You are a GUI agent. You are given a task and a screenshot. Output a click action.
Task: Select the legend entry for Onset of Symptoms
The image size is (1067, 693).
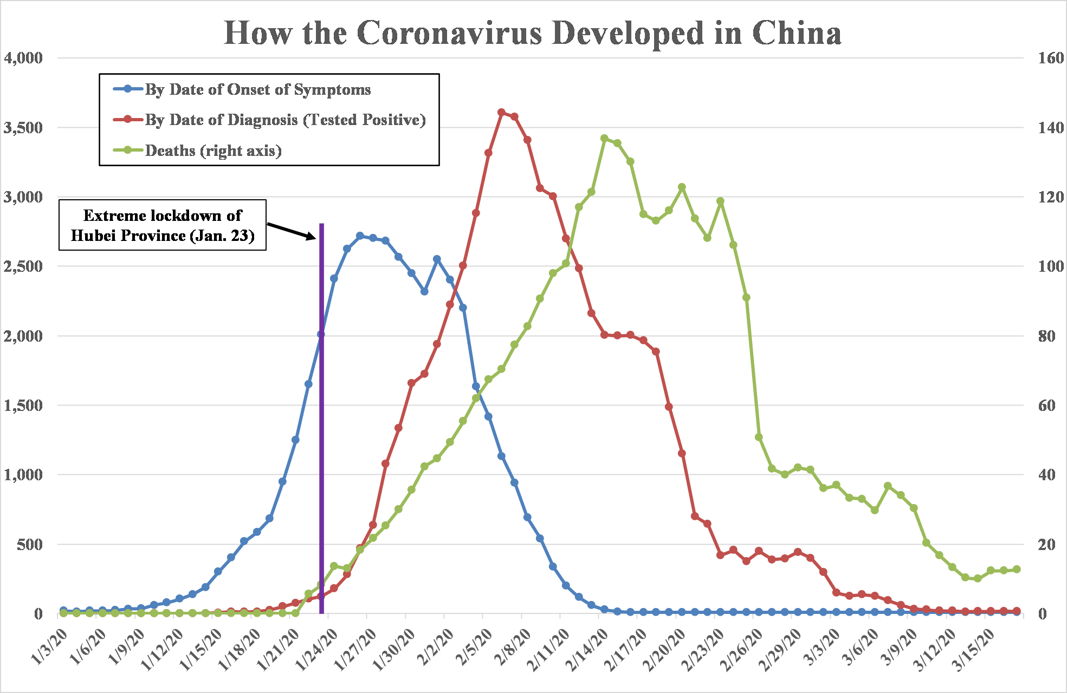pyautogui.click(x=257, y=89)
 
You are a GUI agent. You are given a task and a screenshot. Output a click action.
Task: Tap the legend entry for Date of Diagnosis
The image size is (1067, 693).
pyautogui.click(x=284, y=120)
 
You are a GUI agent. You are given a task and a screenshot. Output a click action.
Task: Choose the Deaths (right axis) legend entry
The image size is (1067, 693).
pyautogui.click(x=213, y=151)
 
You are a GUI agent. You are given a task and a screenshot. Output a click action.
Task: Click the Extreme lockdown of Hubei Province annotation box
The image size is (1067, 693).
pyautogui.click(x=163, y=225)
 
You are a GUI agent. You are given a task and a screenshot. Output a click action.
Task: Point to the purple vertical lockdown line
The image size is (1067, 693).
pyautogui.click(x=321, y=433)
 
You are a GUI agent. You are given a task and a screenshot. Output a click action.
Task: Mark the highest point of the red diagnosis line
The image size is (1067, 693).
pyautogui.click(x=501, y=112)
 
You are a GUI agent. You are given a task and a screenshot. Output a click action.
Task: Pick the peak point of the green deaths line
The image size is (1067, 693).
pyautogui.click(x=604, y=138)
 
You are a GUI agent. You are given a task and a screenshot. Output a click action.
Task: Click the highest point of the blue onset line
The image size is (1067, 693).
pyautogui.click(x=360, y=236)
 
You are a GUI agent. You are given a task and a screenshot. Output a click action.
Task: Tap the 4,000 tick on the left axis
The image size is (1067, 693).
pyautogui.click(x=23, y=58)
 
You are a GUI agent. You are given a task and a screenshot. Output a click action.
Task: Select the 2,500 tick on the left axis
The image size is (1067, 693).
pyautogui.click(x=23, y=266)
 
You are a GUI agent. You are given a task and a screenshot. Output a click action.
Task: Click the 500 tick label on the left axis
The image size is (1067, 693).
pyautogui.click(x=29, y=544)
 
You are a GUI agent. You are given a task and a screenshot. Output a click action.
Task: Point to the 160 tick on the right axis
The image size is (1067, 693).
pyautogui.click(x=1051, y=58)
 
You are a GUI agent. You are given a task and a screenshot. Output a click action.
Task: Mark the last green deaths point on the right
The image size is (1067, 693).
pyautogui.click(x=1017, y=569)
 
